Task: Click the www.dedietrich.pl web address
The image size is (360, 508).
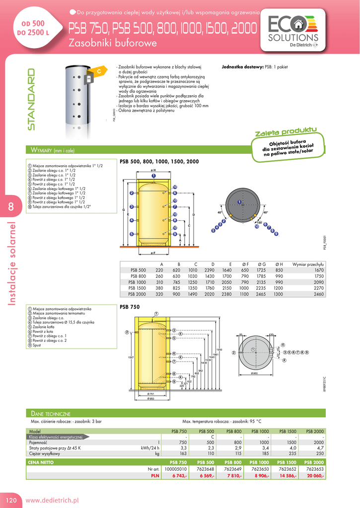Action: pyautogui.click(x=52, y=501)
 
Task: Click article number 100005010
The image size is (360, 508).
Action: pyautogui.click(x=176, y=469)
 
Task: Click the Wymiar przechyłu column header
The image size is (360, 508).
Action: pyautogui.click(x=308, y=264)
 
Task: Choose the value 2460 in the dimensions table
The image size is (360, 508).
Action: pyautogui.click(x=319, y=294)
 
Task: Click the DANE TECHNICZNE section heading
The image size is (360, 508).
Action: pyautogui.click(x=51, y=413)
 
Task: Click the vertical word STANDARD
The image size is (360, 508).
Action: pyautogui.click(x=32, y=99)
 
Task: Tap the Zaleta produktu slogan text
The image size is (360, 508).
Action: pyautogui.click(x=286, y=132)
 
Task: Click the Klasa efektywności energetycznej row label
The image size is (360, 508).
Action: pyautogui.click(x=59, y=437)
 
